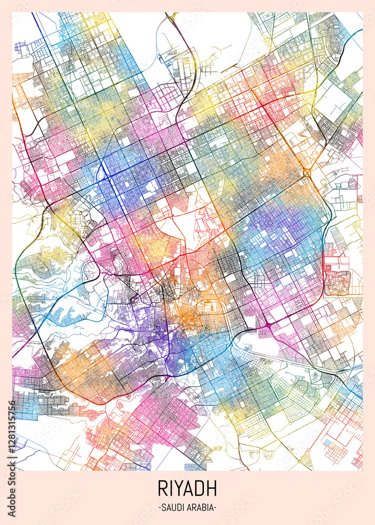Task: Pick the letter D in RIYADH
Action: tap(201, 488)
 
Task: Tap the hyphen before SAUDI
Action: tap(159, 508)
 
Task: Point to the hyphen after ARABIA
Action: tap(215, 508)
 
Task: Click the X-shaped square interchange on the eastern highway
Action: tap(307, 172)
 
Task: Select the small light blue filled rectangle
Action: tap(328, 443)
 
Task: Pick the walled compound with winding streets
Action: tap(337, 282)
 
